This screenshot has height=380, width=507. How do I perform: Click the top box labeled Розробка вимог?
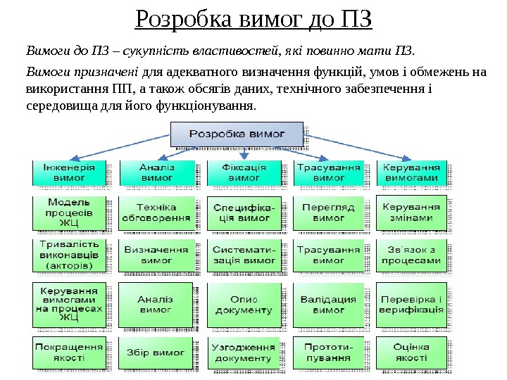(x=237, y=134)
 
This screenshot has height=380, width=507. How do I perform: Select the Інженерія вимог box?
(x=70, y=173)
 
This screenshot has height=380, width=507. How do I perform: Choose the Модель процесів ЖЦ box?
(x=70, y=213)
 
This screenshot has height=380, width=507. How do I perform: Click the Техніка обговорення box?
(x=156, y=213)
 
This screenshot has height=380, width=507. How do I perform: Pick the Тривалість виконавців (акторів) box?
(x=70, y=255)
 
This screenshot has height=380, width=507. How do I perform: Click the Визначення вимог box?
(x=156, y=255)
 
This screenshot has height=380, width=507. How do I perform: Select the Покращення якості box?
(x=70, y=353)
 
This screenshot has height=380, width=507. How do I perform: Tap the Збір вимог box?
(x=156, y=353)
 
